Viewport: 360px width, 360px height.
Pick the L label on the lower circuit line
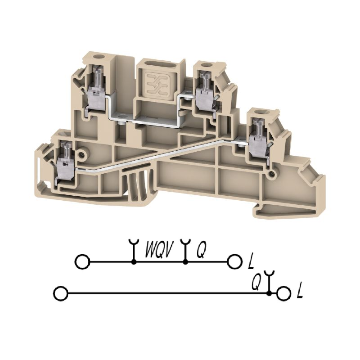pos(300,291)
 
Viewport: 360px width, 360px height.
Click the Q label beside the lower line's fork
pos(256,282)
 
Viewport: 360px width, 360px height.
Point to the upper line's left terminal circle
pos(83,261)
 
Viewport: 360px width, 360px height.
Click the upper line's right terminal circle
pos(235,261)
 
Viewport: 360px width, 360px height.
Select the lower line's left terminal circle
pos(61,293)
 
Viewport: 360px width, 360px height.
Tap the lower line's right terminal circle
pos(284,293)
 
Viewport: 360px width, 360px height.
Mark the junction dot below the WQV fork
pos(133,262)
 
